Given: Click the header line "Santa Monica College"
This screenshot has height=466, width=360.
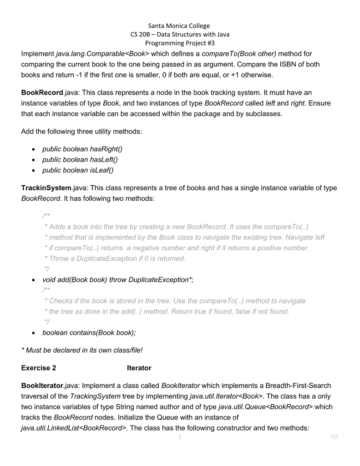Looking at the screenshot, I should (179, 26).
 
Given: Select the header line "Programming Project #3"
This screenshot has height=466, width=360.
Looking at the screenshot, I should (179, 43).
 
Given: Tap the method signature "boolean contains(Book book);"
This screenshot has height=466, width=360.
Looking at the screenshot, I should (89, 333).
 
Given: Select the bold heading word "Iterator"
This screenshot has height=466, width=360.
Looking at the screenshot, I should (139, 368).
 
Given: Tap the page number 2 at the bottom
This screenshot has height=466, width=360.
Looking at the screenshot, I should (180, 437).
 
